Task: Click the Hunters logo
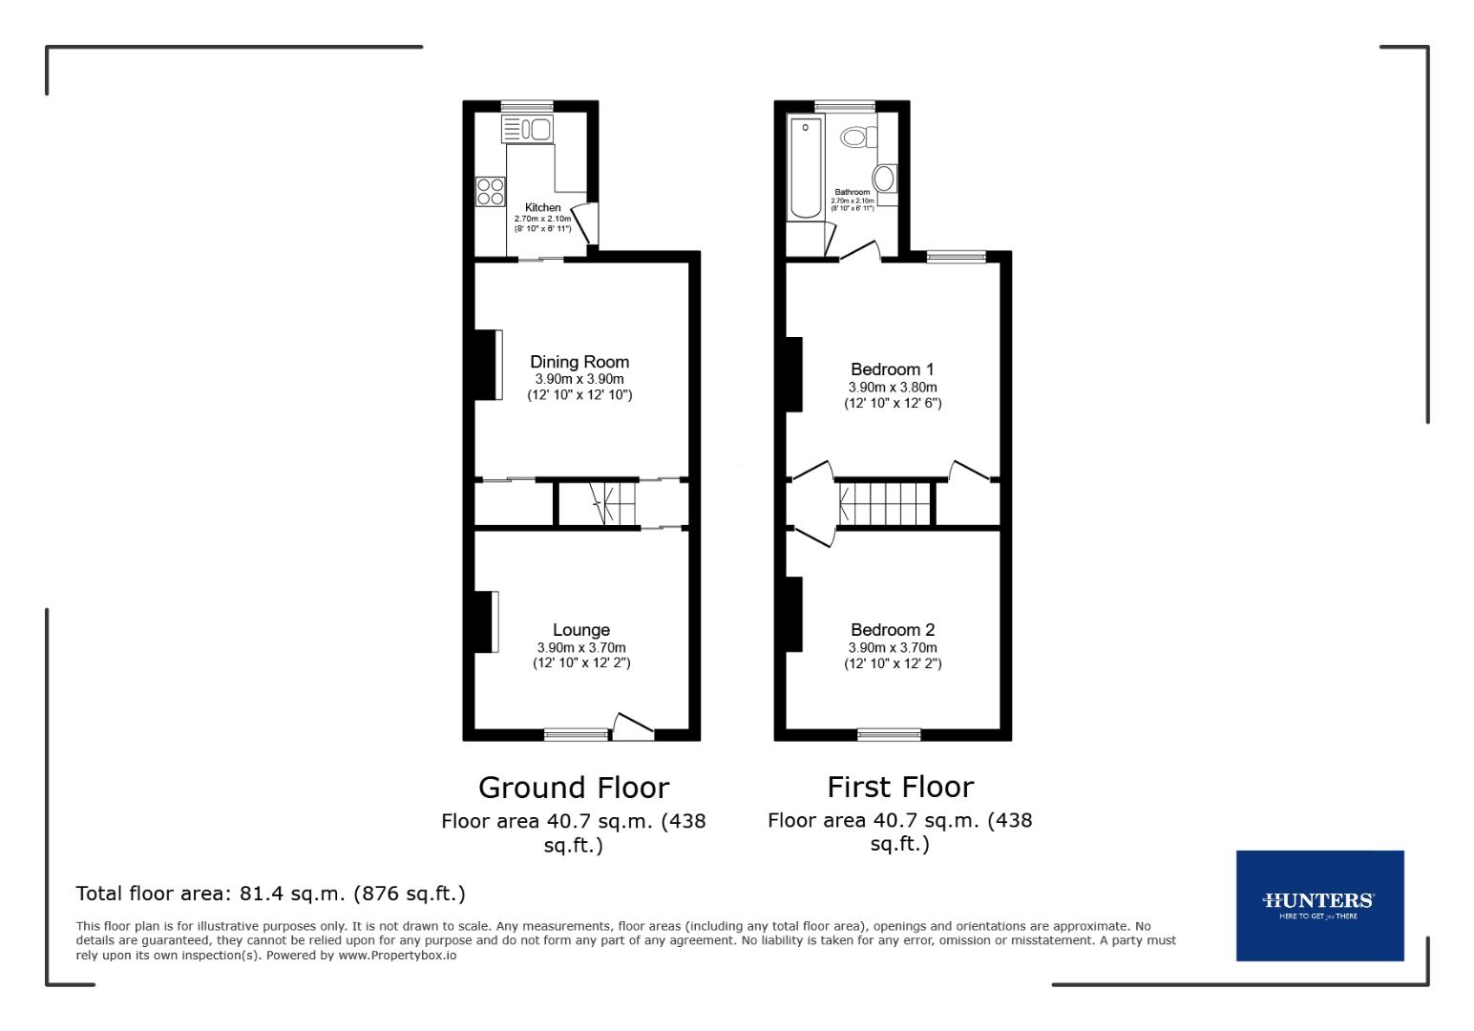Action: coord(1319,905)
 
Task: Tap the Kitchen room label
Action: coord(543,207)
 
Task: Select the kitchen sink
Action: coord(528,129)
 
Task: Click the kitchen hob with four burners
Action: coord(491,191)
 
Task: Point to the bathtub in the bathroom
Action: coord(805,168)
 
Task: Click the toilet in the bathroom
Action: coord(857,137)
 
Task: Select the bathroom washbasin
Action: coord(885,179)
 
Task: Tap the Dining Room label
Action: coord(579,362)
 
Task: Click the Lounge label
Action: coord(580,630)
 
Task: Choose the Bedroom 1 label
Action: coord(892,369)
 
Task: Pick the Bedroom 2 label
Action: coord(892,630)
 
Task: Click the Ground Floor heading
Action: coord(573,788)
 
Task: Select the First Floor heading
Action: coord(899,788)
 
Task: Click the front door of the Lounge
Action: coord(632,728)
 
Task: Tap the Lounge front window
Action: coord(576,734)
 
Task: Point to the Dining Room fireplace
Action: coord(490,364)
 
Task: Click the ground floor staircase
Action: coord(611,503)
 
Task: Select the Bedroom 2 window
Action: coord(888,734)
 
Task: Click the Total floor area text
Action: coord(270,894)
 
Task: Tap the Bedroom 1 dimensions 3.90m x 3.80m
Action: coord(892,388)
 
